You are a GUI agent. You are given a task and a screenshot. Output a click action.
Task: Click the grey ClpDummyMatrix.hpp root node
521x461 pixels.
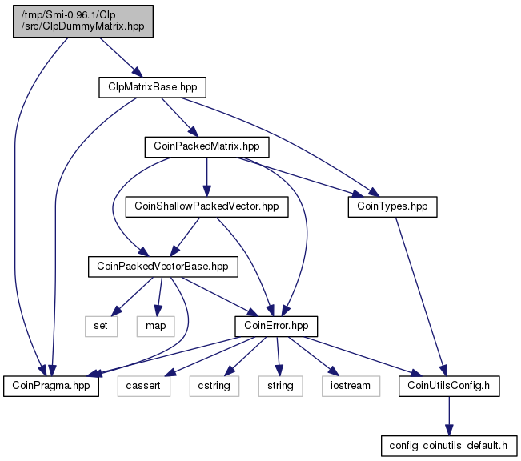point(83,21)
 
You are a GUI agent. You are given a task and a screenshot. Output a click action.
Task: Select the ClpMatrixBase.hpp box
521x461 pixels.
point(153,87)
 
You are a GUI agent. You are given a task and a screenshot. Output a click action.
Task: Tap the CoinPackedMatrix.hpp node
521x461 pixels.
point(206,147)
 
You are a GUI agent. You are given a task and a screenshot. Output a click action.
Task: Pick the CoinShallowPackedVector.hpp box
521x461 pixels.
point(206,207)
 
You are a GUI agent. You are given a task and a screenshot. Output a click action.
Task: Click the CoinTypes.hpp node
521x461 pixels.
point(392,207)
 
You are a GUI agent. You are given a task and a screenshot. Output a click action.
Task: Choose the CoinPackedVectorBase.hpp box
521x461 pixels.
point(162,267)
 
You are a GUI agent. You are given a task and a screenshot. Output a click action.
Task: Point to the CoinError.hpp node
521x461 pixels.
point(276,326)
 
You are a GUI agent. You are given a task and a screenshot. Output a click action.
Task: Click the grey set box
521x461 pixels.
point(101,326)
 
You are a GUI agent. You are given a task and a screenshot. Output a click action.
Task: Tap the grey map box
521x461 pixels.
point(155,326)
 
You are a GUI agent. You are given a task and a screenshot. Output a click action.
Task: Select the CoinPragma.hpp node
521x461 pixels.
point(51,386)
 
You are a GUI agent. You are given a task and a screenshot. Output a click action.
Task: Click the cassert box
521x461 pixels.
point(143,386)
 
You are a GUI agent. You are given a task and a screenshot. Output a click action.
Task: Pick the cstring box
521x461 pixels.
point(214,386)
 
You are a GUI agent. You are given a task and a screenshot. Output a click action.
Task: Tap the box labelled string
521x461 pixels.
point(280,386)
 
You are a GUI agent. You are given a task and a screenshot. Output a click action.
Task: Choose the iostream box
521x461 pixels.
point(351,386)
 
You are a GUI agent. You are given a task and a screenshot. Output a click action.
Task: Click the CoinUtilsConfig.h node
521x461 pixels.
point(449,386)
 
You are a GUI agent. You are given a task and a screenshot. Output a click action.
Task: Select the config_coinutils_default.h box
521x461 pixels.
point(449,446)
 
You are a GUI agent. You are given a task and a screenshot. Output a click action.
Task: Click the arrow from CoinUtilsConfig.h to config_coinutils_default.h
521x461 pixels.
point(449,416)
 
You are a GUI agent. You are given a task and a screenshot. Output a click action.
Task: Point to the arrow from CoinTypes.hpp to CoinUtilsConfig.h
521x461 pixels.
point(420,297)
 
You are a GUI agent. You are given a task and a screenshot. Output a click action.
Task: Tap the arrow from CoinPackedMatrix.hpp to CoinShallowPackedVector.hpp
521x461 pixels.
point(206,177)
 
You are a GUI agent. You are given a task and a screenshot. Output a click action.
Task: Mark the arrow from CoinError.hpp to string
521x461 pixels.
point(279,356)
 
